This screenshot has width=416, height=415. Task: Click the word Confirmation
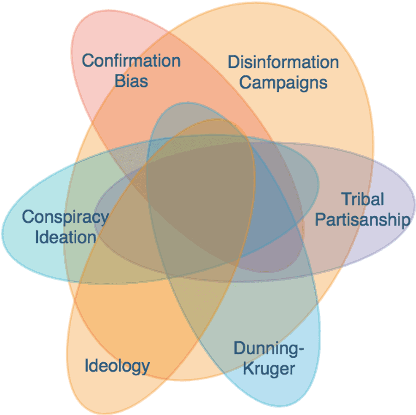131,61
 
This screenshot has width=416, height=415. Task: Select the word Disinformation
283,62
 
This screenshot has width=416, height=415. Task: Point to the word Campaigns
283,83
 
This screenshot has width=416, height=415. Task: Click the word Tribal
362,199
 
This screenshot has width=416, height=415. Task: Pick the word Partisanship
363,220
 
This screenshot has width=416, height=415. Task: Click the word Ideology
117,366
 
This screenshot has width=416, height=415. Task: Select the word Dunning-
269,349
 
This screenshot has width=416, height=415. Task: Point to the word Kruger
269,368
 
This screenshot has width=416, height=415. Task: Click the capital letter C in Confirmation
88,61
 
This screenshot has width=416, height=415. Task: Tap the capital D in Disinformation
234,62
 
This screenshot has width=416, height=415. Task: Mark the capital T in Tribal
347,199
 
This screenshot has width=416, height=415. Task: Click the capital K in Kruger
249,368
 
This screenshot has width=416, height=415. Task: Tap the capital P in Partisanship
320,220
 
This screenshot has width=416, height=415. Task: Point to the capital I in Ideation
37,237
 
